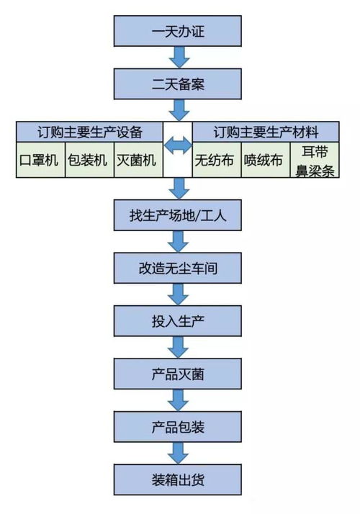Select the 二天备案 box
179,84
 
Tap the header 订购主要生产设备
90,132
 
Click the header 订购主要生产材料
266,132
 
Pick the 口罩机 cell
40,161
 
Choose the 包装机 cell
89,161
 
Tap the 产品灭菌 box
179,374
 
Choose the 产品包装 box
179,427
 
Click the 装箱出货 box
179,479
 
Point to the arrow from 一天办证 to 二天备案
179,58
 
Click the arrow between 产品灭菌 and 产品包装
179,400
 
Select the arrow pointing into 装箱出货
179,453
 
